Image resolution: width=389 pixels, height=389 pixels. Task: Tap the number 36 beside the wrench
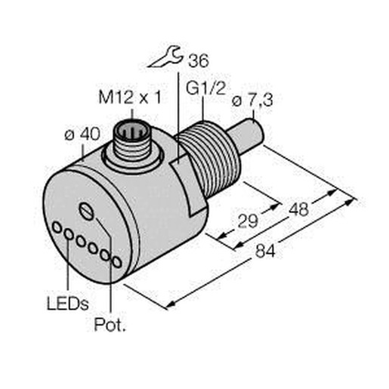pos(199,60)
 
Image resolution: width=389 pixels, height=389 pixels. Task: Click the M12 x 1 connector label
pos(130,97)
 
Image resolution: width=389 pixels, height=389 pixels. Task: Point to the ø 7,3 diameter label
pos(252,101)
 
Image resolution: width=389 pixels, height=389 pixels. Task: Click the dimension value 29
pos(248,221)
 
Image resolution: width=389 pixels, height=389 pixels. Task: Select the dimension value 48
pos(298,209)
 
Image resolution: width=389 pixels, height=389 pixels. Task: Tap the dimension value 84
pos(265,251)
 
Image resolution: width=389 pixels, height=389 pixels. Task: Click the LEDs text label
pos(68,304)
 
